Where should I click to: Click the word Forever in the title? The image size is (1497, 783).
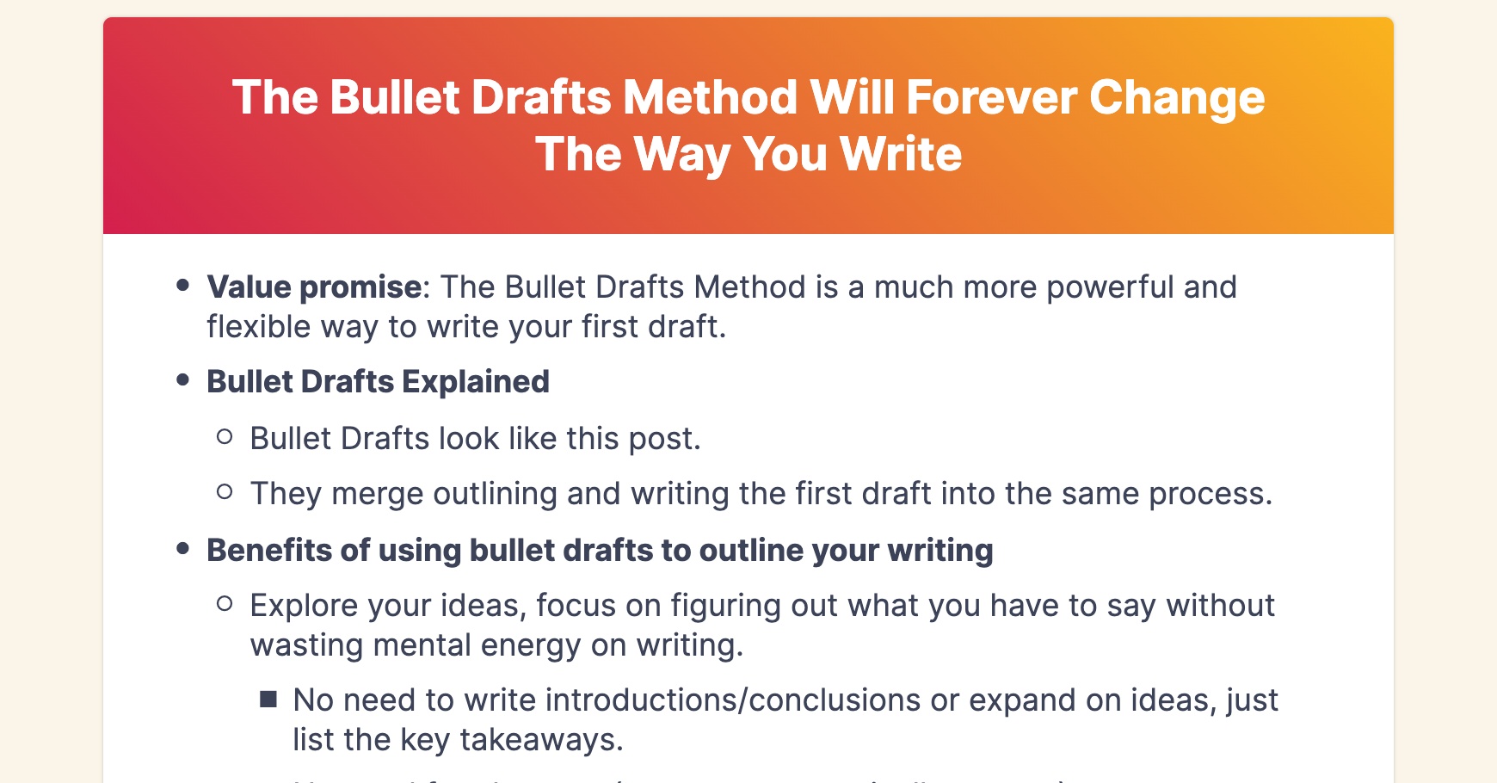click(990, 97)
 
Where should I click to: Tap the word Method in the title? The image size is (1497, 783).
click(710, 97)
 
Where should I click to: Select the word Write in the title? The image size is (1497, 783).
click(900, 154)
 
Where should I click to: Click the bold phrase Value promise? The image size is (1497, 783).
click(314, 287)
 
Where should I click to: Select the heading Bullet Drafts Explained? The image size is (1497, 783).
click(378, 382)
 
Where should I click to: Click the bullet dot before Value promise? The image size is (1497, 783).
click(182, 285)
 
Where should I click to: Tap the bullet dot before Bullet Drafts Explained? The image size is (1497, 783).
click(182, 379)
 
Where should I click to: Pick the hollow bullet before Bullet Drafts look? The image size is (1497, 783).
click(225, 436)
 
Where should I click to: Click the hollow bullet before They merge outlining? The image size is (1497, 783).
click(225, 491)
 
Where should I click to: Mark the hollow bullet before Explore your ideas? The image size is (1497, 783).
click(225, 603)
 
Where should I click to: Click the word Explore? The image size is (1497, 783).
click(304, 606)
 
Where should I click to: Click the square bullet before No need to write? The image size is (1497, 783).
click(268, 699)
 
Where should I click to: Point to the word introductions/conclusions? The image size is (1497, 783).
click(733, 700)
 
